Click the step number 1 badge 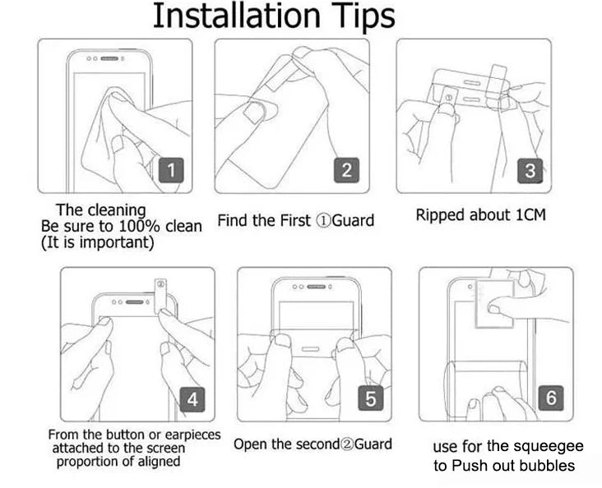(170, 171)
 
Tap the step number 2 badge (346, 170)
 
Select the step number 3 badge (530, 171)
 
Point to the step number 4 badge (192, 399)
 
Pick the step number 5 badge (370, 399)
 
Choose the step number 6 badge (551, 398)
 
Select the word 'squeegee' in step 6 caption (552, 446)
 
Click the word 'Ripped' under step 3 (440, 215)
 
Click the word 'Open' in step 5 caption (251, 444)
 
